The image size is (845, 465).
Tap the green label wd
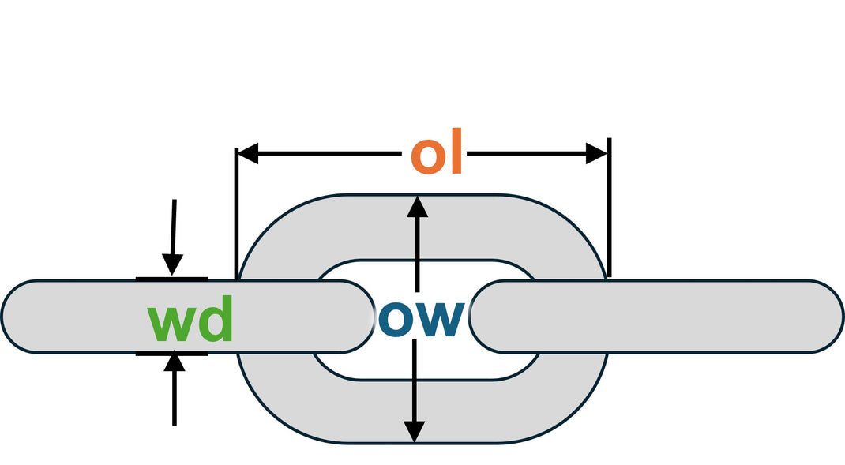(191, 319)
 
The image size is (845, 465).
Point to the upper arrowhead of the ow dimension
(417, 206)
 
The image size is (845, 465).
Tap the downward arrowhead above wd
(172, 265)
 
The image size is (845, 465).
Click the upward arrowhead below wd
(175, 363)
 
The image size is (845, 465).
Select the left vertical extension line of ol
(236, 213)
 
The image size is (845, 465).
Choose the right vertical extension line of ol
(608, 209)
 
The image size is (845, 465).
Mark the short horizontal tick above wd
(171, 279)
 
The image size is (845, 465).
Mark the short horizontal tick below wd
(171, 354)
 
